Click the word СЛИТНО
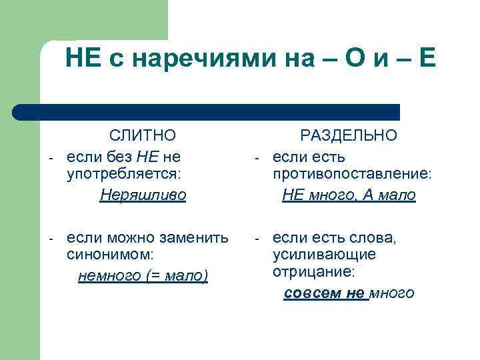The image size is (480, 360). click(x=143, y=136)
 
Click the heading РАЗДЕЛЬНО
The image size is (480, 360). click(x=349, y=136)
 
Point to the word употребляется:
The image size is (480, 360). click(x=124, y=175)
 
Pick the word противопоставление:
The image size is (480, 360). click(x=352, y=175)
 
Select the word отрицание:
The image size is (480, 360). click(x=314, y=273)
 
